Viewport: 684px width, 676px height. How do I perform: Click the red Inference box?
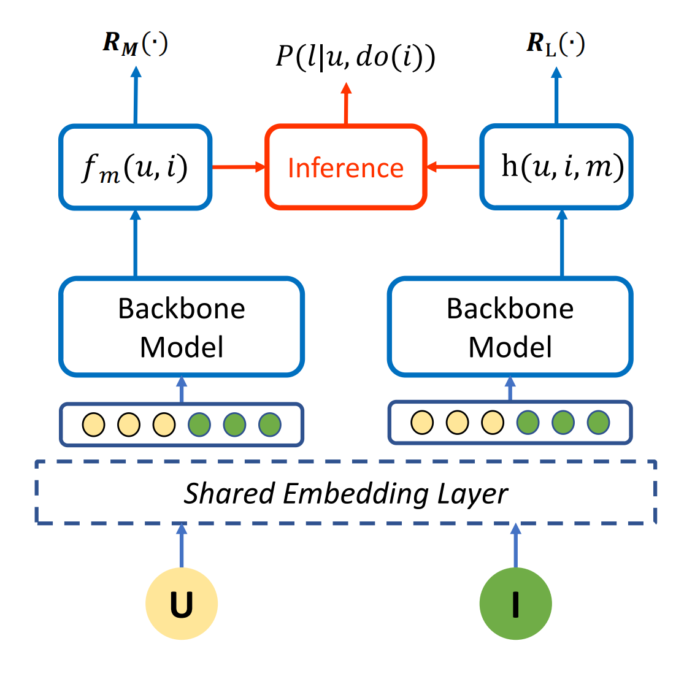pyautogui.click(x=345, y=167)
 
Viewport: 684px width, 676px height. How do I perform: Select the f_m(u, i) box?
pyautogui.click(x=136, y=167)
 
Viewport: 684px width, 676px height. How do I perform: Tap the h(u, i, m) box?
pyautogui.click(x=556, y=167)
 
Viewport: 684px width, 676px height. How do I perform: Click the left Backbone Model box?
pyautogui.click(x=182, y=327)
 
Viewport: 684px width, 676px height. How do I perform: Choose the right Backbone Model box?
pyautogui.click(x=510, y=327)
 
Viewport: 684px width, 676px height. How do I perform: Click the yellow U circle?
pyautogui.click(x=182, y=604)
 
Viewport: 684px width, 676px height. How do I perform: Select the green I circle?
pyautogui.click(x=515, y=604)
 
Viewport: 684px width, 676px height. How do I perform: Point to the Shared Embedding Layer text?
pyautogui.click(x=346, y=493)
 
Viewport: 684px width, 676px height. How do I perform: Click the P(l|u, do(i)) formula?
pyautogui.click(x=355, y=57)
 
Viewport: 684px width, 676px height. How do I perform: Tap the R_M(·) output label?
pyautogui.click(x=135, y=44)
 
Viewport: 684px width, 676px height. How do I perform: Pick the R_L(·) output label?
pyautogui.click(x=556, y=44)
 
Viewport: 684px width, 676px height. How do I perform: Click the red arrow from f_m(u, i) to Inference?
pyautogui.click(x=238, y=167)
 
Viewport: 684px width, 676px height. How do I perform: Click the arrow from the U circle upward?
pyautogui.click(x=182, y=546)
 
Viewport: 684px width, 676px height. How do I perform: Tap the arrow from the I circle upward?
pyautogui.click(x=515, y=546)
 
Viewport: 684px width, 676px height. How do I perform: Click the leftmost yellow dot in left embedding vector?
pyautogui.click(x=93, y=424)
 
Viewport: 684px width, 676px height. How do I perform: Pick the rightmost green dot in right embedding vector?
pyautogui.click(x=598, y=422)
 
